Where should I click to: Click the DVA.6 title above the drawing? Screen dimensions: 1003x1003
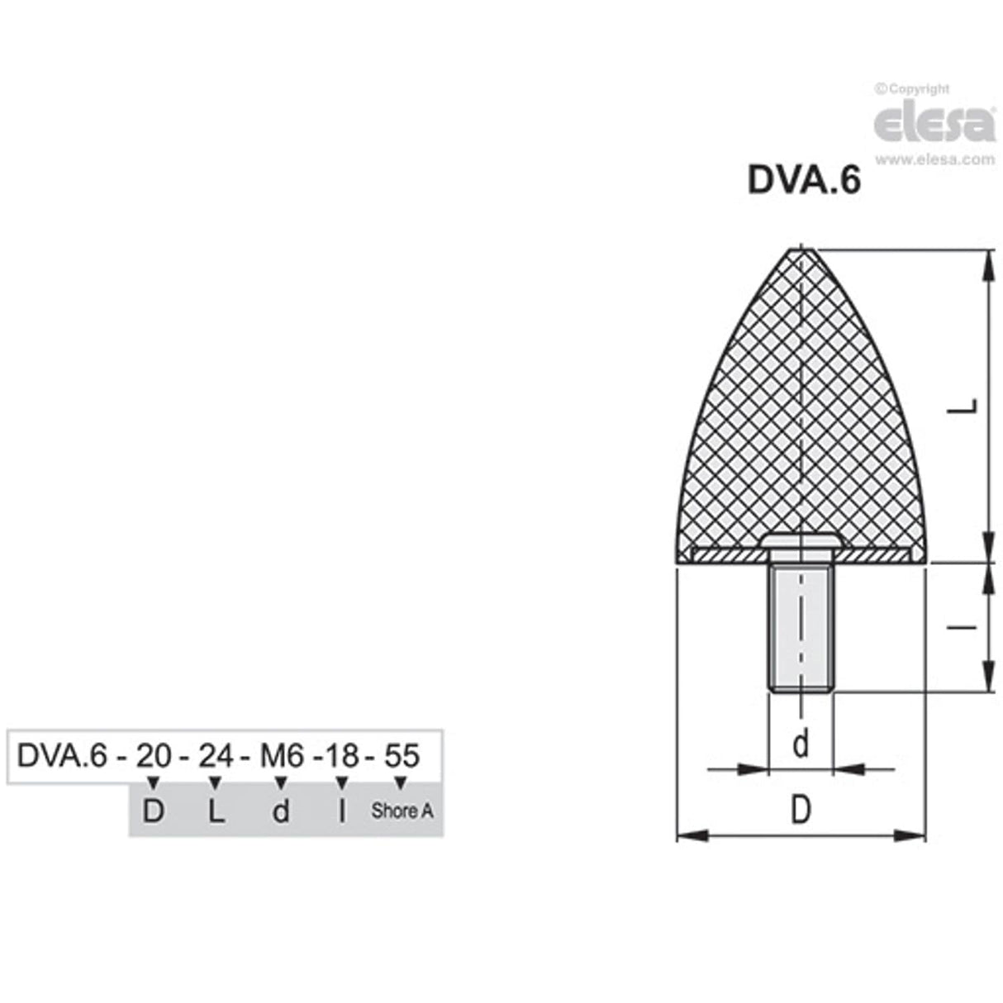[803, 180]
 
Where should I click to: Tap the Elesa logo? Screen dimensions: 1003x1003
[934, 122]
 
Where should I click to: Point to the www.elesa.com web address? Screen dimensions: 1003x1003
[934, 159]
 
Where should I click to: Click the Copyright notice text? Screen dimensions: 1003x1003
[912, 89]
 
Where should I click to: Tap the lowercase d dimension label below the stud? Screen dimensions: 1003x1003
[800, 744]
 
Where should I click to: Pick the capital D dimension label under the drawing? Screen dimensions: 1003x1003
[800, 810]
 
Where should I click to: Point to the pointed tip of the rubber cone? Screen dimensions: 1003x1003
[800, 251]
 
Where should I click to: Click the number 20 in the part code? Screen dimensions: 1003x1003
[152, 755]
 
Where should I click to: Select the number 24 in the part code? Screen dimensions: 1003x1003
[215, 755]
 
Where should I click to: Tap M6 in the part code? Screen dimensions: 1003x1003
[283, 755]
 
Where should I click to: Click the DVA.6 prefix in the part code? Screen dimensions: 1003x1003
[62, 755]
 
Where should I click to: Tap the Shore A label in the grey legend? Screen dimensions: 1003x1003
[402, 811]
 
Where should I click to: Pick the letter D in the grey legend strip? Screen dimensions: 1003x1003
[153, 811]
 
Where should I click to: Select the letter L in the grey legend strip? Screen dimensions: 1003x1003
[215, 811]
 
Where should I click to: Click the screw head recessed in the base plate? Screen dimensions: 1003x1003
[800, 540]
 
